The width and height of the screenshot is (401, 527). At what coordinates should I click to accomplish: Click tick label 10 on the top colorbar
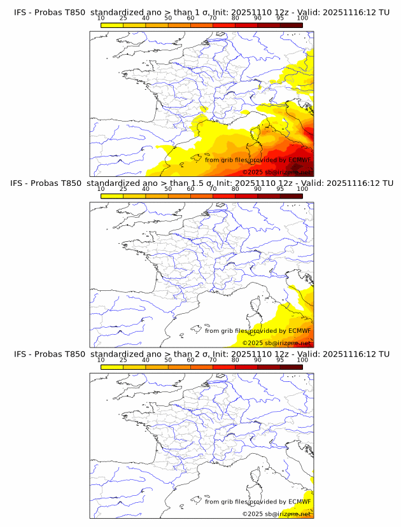(101, 18)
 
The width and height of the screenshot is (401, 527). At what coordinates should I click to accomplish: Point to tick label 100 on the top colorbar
(302, 18)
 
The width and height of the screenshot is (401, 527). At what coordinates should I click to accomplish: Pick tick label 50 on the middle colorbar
(168, 188)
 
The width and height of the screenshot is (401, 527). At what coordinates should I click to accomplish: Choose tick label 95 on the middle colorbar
(280, 188)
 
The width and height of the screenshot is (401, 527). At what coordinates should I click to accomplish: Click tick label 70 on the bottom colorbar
(213, 359)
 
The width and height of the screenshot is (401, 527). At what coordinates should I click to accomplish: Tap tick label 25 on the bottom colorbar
(123, 359)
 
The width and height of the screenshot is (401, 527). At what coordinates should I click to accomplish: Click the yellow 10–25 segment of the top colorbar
(112, 25)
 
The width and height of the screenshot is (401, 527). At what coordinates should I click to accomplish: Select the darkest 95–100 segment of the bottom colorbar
(291, 367)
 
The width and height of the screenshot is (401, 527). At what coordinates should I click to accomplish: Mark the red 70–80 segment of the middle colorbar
(223, 196)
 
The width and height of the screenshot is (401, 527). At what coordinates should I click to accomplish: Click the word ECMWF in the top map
(299, 160)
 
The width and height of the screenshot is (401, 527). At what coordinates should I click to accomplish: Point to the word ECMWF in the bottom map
(299, 502)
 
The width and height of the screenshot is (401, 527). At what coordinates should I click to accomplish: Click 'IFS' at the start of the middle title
(20, 183)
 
